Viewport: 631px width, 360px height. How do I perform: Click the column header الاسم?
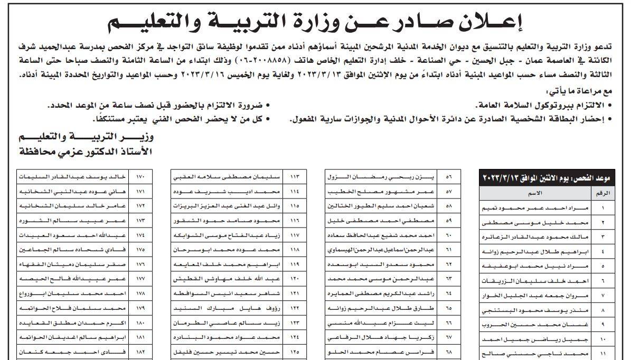539,193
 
